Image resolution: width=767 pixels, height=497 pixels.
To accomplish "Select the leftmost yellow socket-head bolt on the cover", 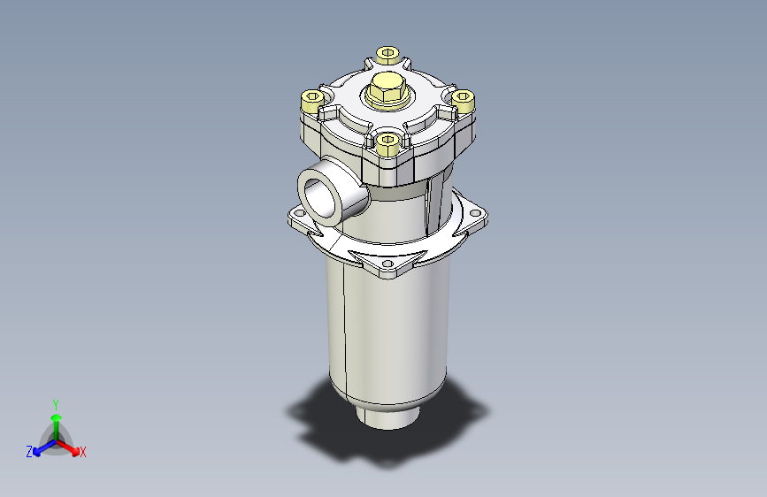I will coord(313,99).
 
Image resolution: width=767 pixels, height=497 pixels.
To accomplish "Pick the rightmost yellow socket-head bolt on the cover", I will coord(464,100).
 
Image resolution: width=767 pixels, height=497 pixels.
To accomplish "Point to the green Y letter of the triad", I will coord(55,402).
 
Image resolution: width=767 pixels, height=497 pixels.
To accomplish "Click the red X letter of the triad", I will coord(83,452).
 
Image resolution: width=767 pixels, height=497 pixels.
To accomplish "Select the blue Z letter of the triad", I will coord(29,452).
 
